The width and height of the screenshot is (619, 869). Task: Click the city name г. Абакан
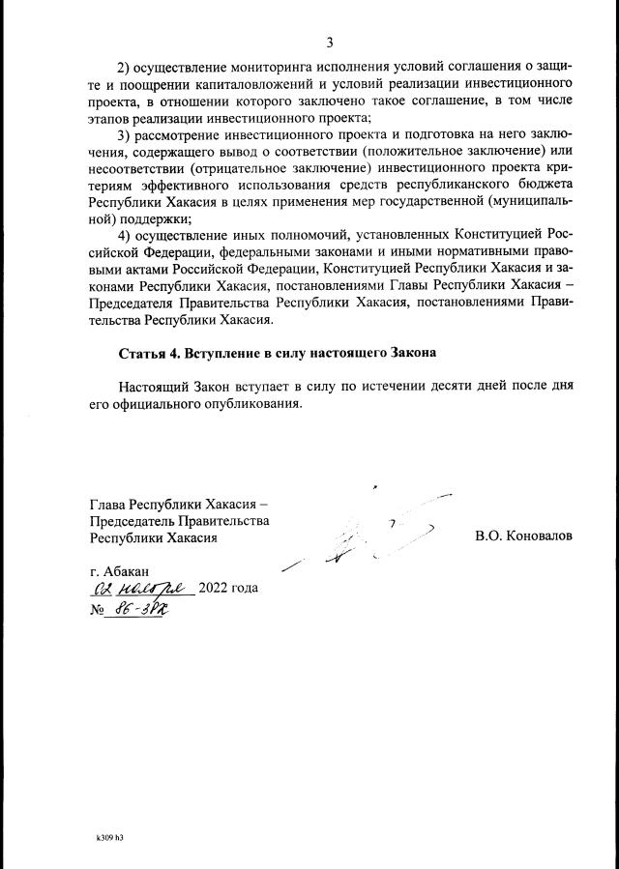click(x=118, y=570)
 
